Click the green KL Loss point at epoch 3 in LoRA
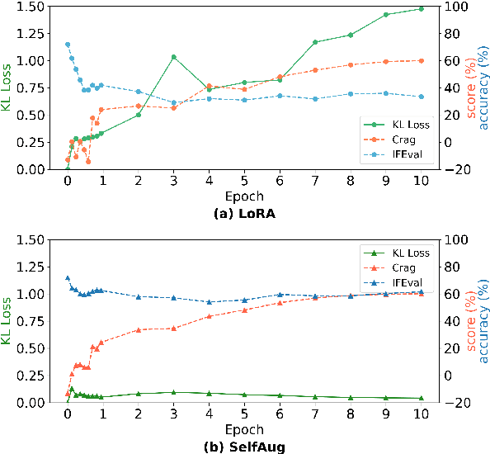(x=174, y=57)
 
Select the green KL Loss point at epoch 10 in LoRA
(x=421, y=9)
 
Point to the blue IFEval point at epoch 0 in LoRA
(x=68, y=45)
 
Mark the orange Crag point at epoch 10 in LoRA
(x=421, y=60)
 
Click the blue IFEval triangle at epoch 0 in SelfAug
(x=68, y=278)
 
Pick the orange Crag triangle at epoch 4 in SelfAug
(x=210, y=316)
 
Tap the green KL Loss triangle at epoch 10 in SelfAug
(x=421, y=398)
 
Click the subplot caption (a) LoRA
(x=244, y=212)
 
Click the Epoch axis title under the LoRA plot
(x=244, y=197)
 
